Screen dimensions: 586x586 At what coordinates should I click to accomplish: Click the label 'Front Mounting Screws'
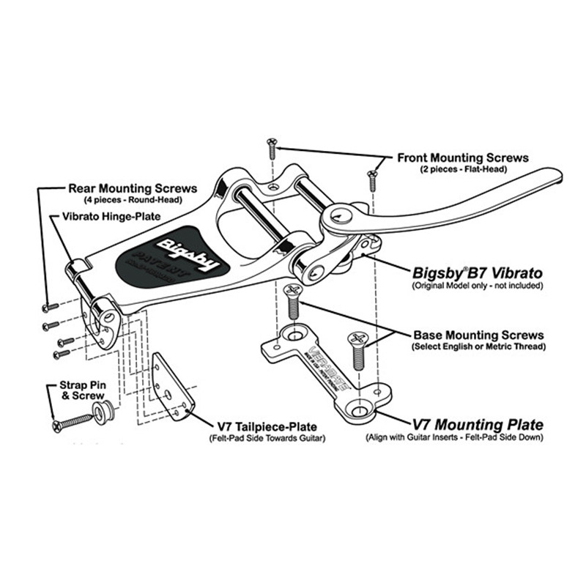[463, 157]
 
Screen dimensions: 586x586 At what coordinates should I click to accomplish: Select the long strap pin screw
[73, 423]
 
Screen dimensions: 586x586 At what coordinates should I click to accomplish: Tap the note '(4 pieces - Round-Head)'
[131, 199]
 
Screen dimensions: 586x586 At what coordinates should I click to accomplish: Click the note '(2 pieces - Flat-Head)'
[458, 169]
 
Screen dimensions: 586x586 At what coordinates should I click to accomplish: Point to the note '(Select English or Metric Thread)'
[478, 346]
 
